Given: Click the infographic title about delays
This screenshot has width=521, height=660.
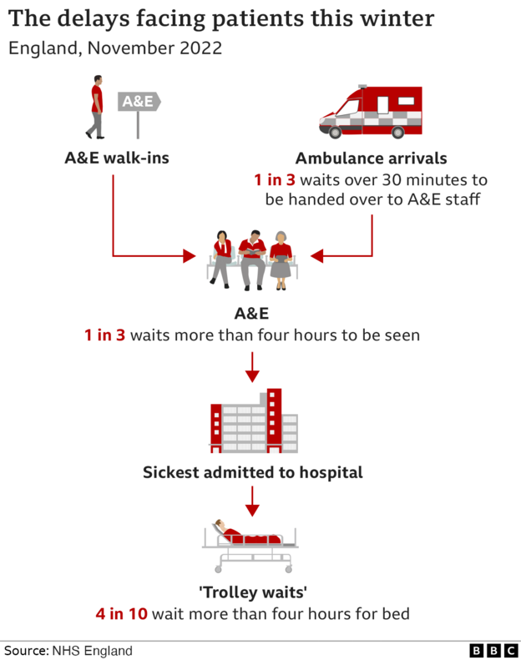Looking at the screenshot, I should [x=221, y=18].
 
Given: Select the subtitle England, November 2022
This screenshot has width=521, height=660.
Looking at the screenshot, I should [x=115, y=48].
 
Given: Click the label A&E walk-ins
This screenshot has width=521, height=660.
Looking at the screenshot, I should [x=117, y=157].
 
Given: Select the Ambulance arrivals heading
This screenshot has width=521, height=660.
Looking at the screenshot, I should [x=371, y=159].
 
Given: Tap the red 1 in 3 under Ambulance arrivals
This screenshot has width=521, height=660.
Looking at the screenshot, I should [x=275, y=180].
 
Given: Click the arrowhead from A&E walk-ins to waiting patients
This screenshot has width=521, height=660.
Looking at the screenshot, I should [x=189, y=255].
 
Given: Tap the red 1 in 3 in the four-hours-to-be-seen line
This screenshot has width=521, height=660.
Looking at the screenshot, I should [x=104, y=335].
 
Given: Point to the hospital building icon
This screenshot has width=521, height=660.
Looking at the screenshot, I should [x=252, y=421].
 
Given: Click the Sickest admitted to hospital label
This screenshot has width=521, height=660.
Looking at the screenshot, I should [x=252, y=472].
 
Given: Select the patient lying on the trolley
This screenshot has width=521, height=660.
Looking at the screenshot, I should [x=242, y=534].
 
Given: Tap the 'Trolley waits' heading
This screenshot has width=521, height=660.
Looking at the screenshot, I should [x=252, y=593].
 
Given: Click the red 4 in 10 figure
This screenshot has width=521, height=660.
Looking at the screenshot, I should [x=121, y=615].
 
